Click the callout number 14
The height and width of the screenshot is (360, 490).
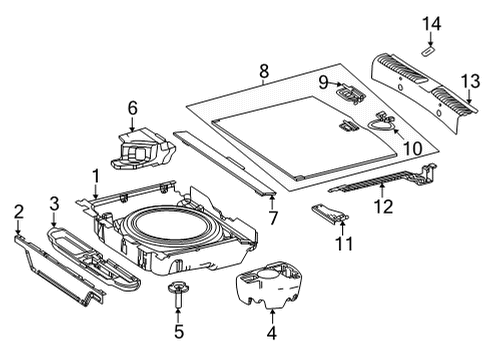[x=431, y=24]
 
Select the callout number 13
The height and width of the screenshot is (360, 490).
[x=470, y=81]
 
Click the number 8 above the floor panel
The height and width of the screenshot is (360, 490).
[x=264, y=71]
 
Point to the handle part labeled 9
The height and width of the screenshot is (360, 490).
[x=350, y=93]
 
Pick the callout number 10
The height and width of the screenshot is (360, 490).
[x=413, y=148]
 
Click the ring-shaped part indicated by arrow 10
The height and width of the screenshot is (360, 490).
[x=382, y=124]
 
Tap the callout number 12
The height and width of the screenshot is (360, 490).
[x=384, y=206]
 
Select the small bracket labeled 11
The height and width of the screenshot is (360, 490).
[x=330, y=213]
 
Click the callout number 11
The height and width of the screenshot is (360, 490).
[x=344, y=244]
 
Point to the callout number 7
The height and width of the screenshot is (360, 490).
[x=273, y=218]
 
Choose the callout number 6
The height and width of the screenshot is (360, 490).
[x=132, y=108]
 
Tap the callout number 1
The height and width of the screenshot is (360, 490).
[x=96, y=176]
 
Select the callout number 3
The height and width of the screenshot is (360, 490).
[x=54, y=203]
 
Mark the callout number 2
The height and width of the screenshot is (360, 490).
[x=19, y=212]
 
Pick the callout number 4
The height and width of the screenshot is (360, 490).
[x=272, y=333]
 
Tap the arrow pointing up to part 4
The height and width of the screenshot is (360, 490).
[x=272, y=317]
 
